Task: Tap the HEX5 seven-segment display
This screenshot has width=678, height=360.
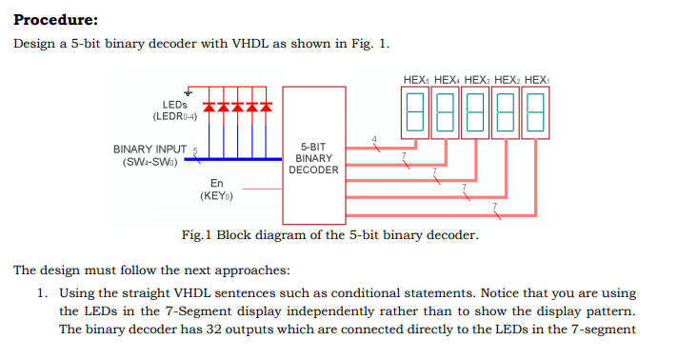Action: click(x=414, y=112)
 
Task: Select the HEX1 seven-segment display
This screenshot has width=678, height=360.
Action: click(x=535, y=112)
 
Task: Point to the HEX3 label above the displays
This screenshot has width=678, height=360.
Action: click(x=478, y=79)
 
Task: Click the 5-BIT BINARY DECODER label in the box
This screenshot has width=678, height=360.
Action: click(x=313, y=158)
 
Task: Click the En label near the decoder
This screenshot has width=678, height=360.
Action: click(x=216, y=183)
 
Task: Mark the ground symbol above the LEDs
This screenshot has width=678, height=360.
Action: click(x=189, y=91)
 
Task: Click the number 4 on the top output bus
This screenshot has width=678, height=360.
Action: click(x=375, y=140)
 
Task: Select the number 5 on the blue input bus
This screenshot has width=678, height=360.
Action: click(x=194, y=150)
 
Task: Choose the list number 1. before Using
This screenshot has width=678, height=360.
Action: click(x=43, y=294)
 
